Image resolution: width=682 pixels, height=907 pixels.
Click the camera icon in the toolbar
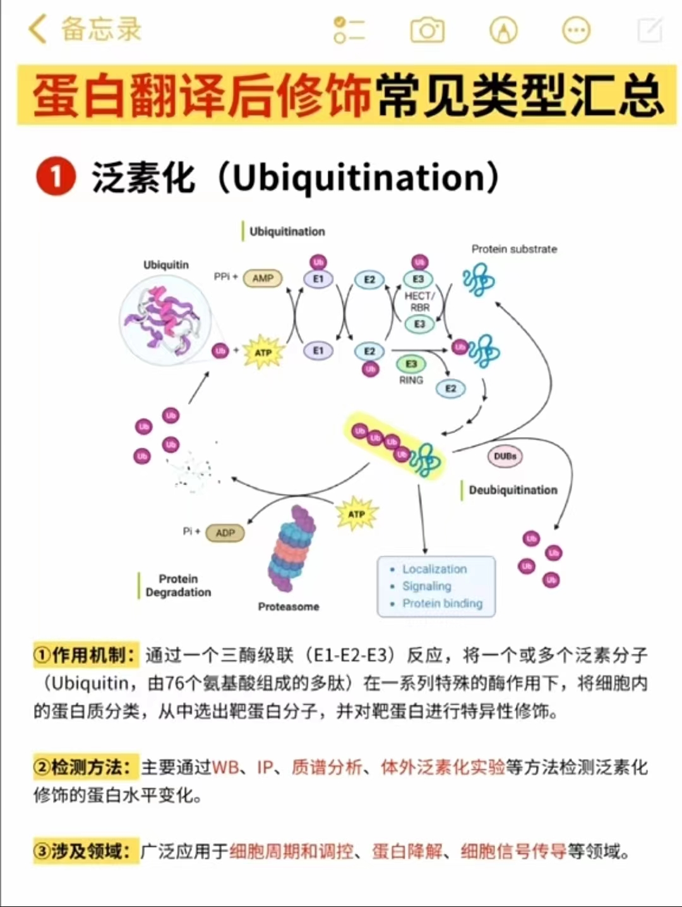click(428, 30)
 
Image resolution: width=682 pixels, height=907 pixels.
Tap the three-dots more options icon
click(576, 30)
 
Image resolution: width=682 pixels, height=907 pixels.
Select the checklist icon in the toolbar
click(349, 30)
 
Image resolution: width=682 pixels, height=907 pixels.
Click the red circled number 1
click(56, 177)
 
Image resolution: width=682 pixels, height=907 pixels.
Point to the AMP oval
click(263, 278)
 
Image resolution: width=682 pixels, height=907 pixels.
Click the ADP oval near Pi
click(225, 533)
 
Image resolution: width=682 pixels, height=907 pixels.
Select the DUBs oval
click(505, 456)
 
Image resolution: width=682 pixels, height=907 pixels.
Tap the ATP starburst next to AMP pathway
click(263, 352)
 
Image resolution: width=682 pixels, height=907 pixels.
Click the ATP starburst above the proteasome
click(356, 514)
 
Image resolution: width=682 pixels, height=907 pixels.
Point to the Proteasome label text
click(289, 606)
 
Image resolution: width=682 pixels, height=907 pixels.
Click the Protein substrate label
click(514, 249)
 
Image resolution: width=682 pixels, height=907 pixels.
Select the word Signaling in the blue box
click(427, 586)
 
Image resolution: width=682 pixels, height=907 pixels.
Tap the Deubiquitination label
click(513, 490)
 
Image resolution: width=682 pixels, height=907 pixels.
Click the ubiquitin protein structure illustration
click(166, 319)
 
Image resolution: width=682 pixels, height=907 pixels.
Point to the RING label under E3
click(411, 380)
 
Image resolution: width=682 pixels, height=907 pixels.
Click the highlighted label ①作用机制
click(85, 655)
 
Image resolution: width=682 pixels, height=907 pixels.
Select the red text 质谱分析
click(326, 767)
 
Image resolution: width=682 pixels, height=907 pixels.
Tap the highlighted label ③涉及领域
click(85, 851)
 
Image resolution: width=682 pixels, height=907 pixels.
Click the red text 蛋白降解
click(407, 851)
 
